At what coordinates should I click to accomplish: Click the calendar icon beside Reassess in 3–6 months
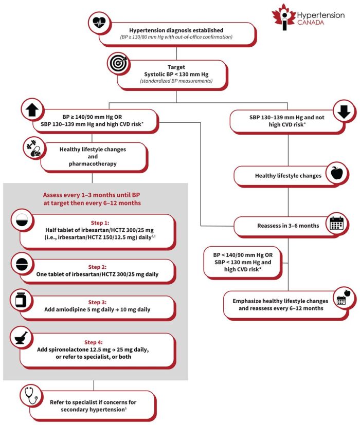point(337,224)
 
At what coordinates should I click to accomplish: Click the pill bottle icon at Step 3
point(22,299)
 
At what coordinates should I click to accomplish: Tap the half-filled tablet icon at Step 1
point(22,221)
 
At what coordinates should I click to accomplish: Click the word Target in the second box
point(176,67)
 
